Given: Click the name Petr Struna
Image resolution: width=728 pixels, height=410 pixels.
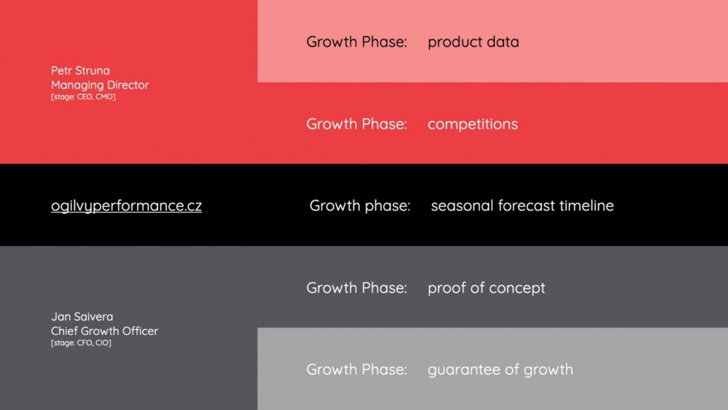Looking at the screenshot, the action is pos(80,71).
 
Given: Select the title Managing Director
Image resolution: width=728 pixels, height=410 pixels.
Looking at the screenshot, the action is pos(100,85).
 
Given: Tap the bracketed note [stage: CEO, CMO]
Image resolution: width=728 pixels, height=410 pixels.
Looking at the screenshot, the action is pos(83,97).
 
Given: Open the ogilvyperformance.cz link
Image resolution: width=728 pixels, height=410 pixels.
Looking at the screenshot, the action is pos(126,206).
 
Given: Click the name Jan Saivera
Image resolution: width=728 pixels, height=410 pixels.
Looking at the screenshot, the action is pos(82,317).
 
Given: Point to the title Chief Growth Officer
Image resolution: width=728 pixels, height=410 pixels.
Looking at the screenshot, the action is pos(104,331).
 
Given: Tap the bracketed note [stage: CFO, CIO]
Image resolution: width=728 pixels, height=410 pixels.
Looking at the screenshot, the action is pos(81,343).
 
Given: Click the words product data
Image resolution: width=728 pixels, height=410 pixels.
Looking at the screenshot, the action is pos(473,42).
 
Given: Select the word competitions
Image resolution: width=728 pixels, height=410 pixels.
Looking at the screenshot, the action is pos(473,125).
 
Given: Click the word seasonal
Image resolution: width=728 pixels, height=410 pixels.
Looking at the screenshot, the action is pos(462,206).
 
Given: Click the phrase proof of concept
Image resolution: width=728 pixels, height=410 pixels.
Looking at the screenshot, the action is pos(486,288).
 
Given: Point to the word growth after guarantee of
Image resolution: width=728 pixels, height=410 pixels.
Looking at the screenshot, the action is pos(548,370).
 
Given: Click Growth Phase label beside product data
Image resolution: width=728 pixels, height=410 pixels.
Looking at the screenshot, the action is pos(356,42).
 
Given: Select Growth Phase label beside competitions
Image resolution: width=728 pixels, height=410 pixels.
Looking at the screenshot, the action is pos(356,124).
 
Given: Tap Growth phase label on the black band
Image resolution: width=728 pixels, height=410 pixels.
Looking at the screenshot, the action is pos(360,206).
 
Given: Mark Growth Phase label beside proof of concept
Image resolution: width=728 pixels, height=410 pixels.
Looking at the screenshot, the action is pos(356,287).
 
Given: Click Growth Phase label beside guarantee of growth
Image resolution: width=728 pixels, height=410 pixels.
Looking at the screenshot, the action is pos(356,370).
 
